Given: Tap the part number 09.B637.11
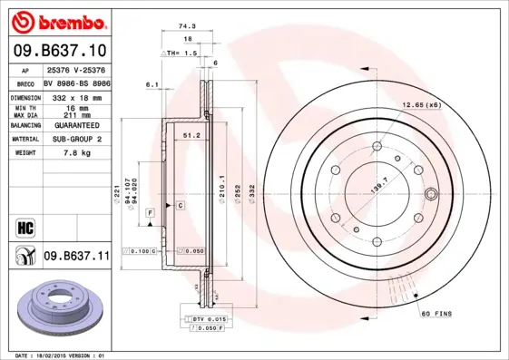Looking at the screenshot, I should [76, 257].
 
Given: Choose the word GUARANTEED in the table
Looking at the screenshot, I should [76, 124].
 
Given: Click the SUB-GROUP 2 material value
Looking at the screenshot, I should [76, 139].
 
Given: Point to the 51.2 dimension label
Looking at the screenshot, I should [191, 135].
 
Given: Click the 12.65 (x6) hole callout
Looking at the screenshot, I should [422, 106].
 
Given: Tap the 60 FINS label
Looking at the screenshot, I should [436, 313].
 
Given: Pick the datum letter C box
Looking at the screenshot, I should [181, 206].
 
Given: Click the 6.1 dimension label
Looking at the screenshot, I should [151, 84].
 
